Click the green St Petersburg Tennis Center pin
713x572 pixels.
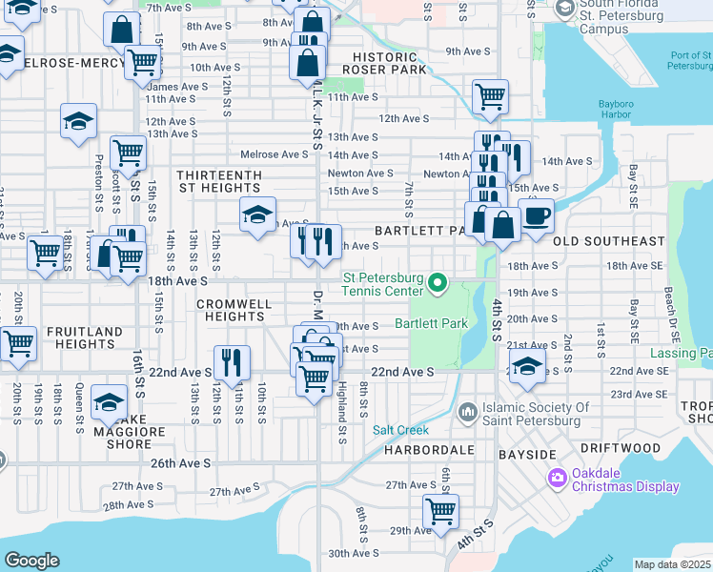pos(438,281)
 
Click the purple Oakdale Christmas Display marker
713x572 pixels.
pos(557,477)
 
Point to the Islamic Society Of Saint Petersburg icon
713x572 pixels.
pos(467,411)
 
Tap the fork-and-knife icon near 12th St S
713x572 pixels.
pos(232,361)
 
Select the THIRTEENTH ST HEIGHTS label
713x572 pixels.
pos(226,181)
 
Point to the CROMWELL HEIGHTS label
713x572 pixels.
pos(234,310)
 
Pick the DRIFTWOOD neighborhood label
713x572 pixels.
pos(621,447)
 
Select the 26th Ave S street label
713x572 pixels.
pos(182,463)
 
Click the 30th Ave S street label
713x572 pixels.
pos(354,553)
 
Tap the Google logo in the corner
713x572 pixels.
pos(31,561)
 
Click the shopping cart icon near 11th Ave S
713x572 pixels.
pos(490,95)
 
